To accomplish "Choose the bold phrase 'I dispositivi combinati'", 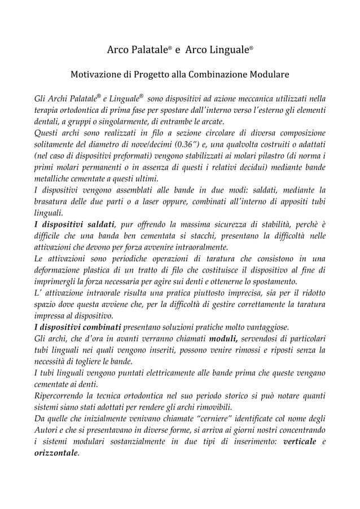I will coord(78,326).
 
